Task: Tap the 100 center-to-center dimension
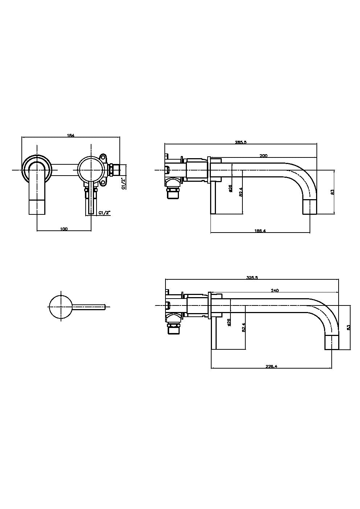click(64, 229)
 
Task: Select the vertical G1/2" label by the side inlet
click(123, 183)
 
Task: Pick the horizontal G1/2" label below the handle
click(104, 213)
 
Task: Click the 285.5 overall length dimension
click(241, 143)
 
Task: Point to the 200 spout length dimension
click(263, 155)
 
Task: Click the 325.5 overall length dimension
click(252, 278)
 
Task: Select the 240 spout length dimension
click(275, 290)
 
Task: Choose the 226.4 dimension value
click(271, 366)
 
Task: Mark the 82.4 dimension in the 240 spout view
click(244, 327)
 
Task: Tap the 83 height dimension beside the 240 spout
click(348, 327)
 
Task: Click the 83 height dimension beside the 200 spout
click(332, 192)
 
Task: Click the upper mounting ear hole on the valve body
click(104, 157)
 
